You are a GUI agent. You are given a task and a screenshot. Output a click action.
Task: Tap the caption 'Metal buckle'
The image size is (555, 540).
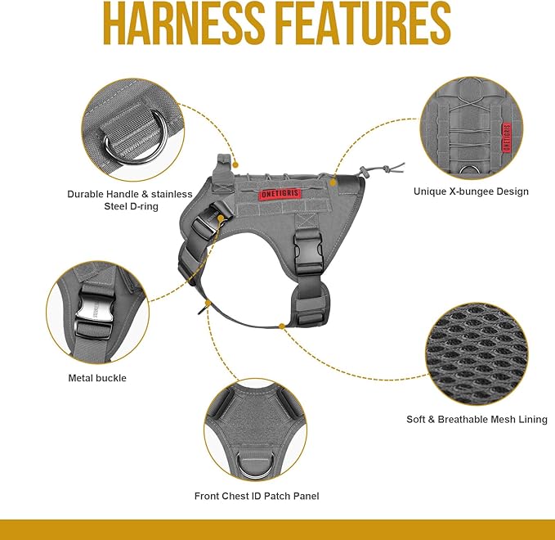pyautogui.click(x=97, y=378)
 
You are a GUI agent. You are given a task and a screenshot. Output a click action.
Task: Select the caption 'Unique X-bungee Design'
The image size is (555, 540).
pyautogui.click(x=471, y=191)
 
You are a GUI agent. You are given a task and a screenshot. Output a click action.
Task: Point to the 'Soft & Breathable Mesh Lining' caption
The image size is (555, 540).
pyautogui.click(x=477, y=419)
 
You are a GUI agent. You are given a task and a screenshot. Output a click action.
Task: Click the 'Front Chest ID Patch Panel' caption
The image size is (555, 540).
pyautogui.click(x=257, y=496)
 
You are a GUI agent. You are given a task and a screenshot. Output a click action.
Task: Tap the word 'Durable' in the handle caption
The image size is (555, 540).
pyautogui.click(x=85, y=194)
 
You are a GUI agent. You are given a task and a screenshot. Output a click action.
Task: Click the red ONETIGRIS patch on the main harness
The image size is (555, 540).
pyautogui.click(x=280, y=194)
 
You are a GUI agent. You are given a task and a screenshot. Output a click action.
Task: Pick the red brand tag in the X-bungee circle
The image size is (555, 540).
pyautogui.click(x=507, y=137)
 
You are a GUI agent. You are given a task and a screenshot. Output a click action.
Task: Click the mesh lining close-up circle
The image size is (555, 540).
pyautogui.click(x=477, y=354)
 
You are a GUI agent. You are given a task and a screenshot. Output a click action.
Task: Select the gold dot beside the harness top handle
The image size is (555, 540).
pyautogui.click(x=235, y=164)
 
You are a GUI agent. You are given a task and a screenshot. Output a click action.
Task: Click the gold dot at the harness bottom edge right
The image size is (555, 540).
pyautogui.click(x=282, y=326)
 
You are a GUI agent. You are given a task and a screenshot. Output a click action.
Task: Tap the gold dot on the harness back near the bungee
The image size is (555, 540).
pyautogui.click(x=333, y=182)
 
